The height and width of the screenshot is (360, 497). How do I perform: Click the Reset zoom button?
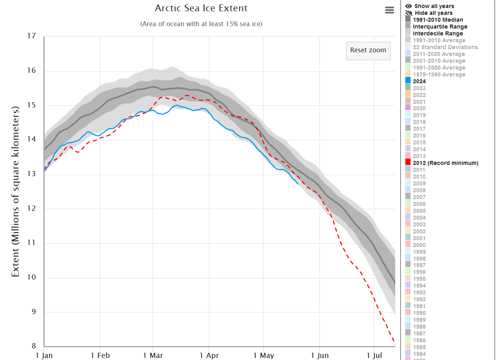tap(368, 51)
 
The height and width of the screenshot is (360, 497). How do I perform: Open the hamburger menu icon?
tap(389, 10)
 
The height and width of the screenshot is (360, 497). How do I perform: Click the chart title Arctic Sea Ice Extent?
tap(201, 8)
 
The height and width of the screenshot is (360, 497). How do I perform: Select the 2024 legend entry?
tap(415, 81)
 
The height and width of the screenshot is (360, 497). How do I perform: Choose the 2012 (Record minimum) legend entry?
tap(442, 163)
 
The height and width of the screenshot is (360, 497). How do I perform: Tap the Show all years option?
tap(430, 6)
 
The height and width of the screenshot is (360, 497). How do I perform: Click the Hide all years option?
tap(429, 13)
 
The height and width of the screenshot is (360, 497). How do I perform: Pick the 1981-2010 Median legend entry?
tap(434, 20)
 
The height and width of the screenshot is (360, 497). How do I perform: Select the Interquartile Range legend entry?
tap(436, 27)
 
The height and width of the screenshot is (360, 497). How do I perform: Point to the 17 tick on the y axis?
tap(31, 36)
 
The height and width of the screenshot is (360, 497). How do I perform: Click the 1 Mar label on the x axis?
tap(153, 355)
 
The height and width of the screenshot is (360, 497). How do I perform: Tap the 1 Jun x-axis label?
tap(320, 355)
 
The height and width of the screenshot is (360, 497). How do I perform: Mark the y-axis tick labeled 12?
tap(31, 208)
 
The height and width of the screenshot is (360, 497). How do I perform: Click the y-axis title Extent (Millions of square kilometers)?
tap(15, 191)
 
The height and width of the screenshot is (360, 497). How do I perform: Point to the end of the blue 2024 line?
tap(298, 184)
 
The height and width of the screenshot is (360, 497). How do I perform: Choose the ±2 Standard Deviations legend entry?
tap(442, 47)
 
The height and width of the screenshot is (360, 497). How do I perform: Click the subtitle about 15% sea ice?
tap(201, 24)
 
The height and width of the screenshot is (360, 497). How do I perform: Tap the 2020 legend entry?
tap(415, 108)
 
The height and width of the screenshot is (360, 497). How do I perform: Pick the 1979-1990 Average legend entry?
tap(435, 74)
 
